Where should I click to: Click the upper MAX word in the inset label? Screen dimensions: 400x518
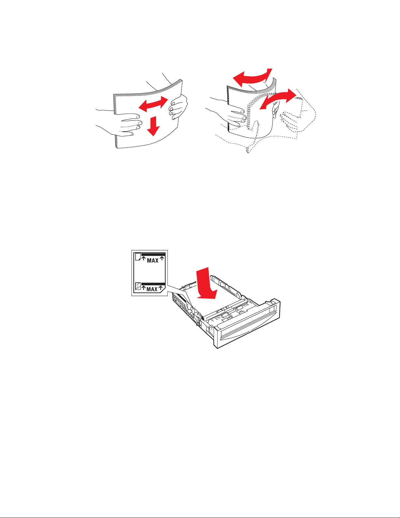[152, 260]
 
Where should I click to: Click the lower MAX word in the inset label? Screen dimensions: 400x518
[152, 289]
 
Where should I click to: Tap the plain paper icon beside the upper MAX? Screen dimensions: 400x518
[138, 257]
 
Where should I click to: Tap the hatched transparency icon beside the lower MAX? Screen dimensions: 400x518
[138, 286]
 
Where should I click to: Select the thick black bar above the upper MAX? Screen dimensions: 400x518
[153, 254]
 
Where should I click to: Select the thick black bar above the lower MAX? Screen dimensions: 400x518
[153, 284]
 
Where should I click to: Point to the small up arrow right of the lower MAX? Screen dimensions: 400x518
[161, 288]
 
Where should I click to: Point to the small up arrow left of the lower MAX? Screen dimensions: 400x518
[144, 288]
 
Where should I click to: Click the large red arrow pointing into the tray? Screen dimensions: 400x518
[206, 284]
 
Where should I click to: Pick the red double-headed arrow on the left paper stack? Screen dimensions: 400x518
[153, 104]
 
